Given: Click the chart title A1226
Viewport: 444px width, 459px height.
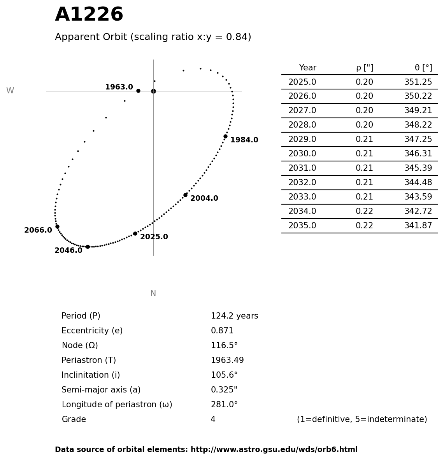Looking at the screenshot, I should point(89,15).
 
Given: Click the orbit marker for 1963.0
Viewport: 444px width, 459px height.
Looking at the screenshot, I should point(138,91).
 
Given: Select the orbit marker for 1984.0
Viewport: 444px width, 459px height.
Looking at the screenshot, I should point(225,136).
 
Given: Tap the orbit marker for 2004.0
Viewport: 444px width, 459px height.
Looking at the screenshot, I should point(185,195).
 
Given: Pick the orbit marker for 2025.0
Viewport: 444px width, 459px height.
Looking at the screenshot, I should point(135,233).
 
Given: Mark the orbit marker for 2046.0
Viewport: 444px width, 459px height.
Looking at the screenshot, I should point(88,247).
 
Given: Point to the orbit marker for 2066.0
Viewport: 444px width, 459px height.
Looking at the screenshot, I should point(57,226).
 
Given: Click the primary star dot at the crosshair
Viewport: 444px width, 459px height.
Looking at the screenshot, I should point(153,91).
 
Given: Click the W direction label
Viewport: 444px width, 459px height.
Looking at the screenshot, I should point(10,91).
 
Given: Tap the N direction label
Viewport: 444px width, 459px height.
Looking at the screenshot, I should point(153,293).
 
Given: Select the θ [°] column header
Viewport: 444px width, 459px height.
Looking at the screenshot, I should point(423,68).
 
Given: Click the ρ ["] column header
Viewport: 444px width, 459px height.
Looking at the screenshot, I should point(365,68).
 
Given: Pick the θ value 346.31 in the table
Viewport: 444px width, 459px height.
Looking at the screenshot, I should point(418,154).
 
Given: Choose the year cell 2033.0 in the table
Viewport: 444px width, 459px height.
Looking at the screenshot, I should point(302,197).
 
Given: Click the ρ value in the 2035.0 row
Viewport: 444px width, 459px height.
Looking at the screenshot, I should point(364,226).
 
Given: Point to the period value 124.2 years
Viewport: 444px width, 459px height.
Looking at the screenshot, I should point(234,316).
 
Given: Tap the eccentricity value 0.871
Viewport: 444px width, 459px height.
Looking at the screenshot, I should point(222,331).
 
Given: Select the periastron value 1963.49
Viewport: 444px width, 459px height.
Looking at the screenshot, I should point(227,361).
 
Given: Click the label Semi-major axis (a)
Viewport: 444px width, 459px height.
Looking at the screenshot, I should point(101,390).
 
